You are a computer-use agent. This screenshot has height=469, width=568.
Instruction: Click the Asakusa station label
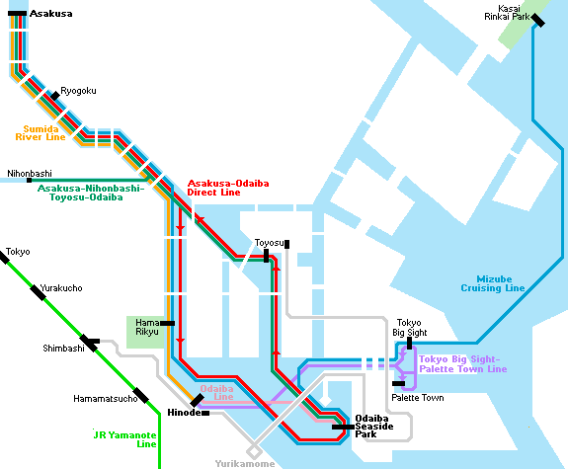50,14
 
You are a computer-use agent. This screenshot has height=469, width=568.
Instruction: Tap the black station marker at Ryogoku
55,96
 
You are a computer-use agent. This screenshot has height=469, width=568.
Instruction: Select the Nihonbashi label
30,174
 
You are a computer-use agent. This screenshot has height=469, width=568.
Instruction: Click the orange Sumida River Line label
41,133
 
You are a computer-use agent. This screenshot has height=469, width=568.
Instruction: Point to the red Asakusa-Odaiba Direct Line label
228,188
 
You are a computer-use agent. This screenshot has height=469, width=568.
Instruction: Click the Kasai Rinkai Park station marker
537,20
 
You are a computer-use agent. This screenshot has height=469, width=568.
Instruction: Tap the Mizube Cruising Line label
493,284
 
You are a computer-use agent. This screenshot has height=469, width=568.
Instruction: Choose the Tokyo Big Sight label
410,328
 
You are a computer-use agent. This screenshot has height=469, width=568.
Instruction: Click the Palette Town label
418,398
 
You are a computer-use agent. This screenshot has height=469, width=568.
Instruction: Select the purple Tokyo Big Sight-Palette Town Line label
463,364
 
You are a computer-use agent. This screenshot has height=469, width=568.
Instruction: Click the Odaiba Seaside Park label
373,427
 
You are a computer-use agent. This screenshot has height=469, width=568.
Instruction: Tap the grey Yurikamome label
245,464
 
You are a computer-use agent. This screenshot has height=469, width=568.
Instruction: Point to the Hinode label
184,413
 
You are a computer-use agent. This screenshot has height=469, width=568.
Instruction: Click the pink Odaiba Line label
216,393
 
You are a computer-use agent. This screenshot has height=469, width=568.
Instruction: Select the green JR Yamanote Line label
125,439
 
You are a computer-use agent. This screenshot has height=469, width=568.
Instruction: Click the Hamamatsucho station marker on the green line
140,395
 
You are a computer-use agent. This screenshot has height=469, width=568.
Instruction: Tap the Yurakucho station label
61,288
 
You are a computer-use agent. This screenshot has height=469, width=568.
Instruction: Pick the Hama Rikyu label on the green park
147,327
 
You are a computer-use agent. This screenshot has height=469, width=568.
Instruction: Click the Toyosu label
269,243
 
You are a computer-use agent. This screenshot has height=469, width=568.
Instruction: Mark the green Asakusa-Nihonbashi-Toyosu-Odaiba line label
91,193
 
